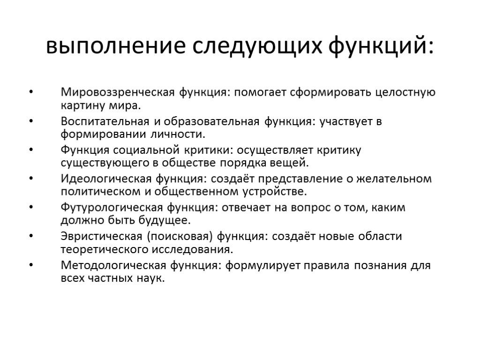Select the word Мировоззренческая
117,92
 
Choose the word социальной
145,150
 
